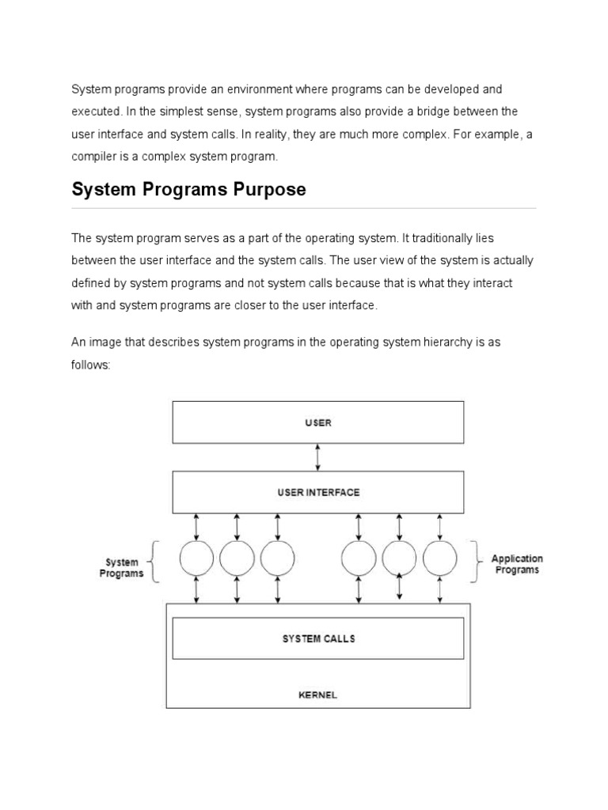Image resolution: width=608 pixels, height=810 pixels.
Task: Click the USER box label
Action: point(318,422)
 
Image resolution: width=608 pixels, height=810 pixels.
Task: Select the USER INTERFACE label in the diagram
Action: point(318,492)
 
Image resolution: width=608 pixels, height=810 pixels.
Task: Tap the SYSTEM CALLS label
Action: point(318,638)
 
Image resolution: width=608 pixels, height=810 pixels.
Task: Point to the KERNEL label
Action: point(318,695)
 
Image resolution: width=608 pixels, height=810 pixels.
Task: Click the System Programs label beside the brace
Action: point(121,568)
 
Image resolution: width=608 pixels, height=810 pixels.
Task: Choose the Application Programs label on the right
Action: point(517,564)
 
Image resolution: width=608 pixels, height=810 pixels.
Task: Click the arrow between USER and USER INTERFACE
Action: point(318,457)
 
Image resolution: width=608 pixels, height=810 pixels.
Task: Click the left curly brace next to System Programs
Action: point(156,562)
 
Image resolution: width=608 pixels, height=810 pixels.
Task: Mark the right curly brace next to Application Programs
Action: point(477,562)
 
